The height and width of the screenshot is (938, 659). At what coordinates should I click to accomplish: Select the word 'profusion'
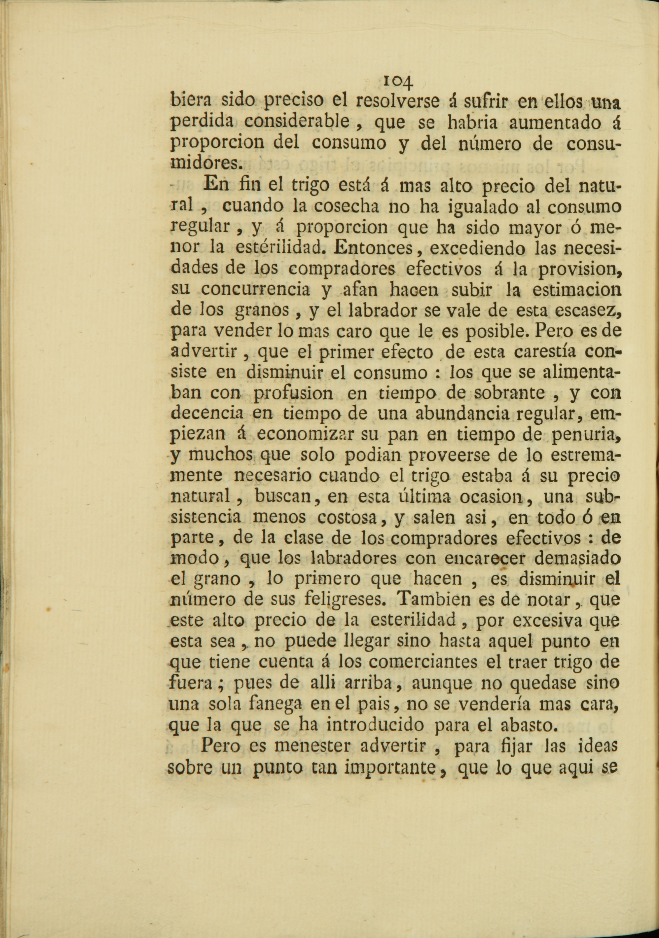pos(292,393)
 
